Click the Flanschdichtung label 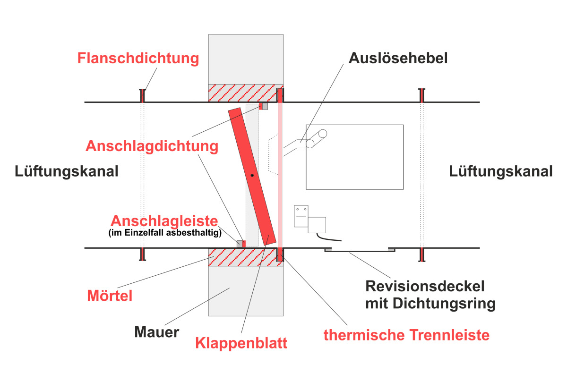(x=138, y=59)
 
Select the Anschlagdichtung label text (x=152, y=146)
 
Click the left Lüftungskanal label (x=66, y=171)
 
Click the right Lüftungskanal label (x=500, y=171)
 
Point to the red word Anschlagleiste (x=164, y=221)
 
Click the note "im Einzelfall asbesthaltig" (x=165, y=232)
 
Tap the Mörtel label (x=110, y=296)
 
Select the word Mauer (x=156, y=332)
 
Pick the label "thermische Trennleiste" (x=406, y=335)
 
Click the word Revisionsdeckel (x=425, y=286)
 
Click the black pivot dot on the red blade (x=253, y=175)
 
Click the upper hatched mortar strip (x=241, y=93)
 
